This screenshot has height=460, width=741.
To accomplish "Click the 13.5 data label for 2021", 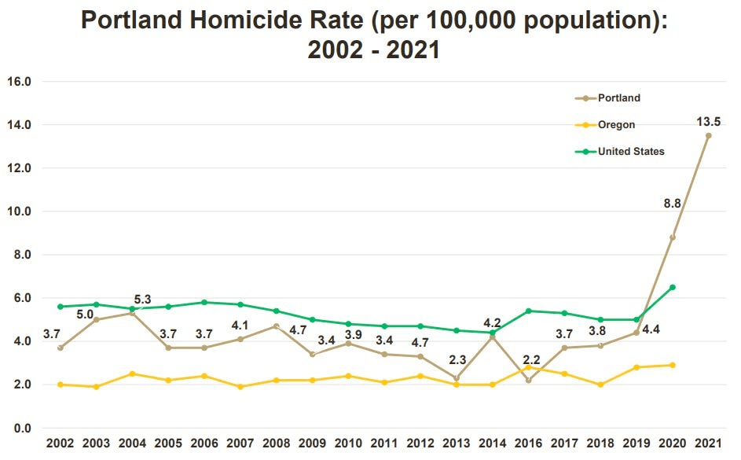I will [707, 121].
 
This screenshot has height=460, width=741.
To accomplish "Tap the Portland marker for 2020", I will [673, 237].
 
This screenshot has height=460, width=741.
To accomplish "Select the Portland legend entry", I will [618, 98].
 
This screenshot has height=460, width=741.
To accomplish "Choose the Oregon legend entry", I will [616, 124].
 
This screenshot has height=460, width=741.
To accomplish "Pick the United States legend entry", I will [631, 151].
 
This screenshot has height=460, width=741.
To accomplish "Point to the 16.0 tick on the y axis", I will [18, 81].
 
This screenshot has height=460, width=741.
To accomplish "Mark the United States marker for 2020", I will [673, 287].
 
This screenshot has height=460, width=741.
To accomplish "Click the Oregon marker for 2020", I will [673, 365].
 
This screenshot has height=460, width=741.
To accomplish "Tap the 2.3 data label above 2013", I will [457, 361].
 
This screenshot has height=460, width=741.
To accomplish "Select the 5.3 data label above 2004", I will [142, 300].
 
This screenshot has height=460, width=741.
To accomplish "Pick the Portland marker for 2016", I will [529, 381].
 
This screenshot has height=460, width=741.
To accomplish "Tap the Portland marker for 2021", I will [708, 135].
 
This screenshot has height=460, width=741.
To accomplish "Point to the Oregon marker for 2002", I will [61, 385].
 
